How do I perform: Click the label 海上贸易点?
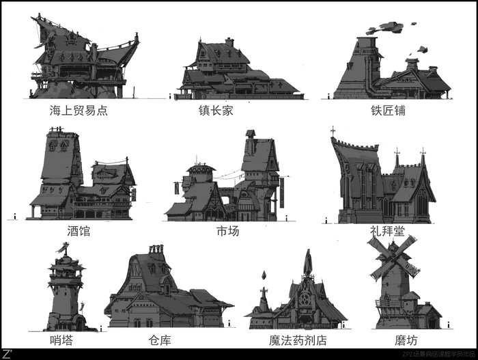(79, 110)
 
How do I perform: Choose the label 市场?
(228, 231)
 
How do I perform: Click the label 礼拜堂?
(386, 231)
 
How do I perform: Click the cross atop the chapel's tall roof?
(333, 130)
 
